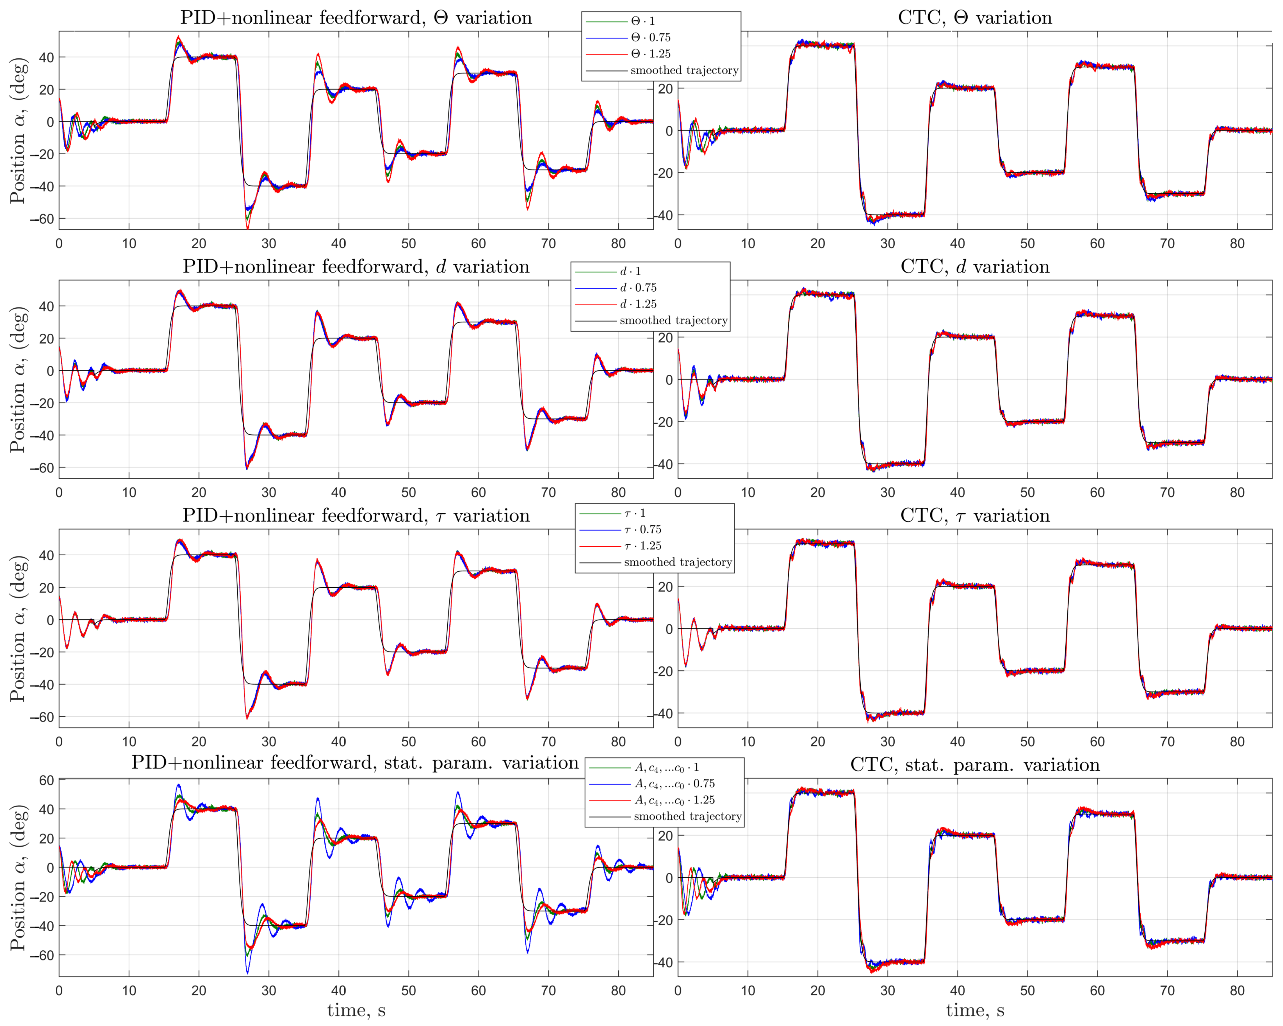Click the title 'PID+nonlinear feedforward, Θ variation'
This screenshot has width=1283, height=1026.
(356, 18)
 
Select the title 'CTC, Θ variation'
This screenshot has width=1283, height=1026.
(975, 18)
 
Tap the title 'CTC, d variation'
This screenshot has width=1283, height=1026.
(975, 267)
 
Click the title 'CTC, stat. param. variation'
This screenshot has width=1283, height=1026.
(975, 765)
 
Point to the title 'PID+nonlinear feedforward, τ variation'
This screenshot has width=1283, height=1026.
(356, 515)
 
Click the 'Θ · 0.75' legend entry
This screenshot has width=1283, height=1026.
(650, 38)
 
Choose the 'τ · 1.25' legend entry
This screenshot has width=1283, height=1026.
(643, 546)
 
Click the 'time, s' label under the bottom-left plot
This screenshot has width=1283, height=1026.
(356, 1011)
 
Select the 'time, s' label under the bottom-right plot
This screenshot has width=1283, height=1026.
(975, 1011)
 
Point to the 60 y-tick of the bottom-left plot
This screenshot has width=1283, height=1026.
(46, 780)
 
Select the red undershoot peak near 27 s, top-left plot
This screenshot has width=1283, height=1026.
(247, 228)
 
